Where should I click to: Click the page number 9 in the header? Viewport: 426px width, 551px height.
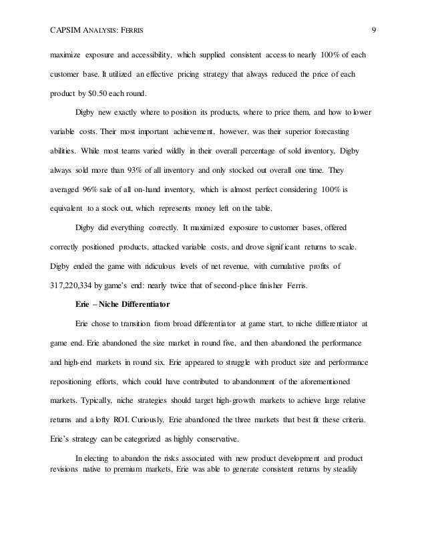pos(374,29)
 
